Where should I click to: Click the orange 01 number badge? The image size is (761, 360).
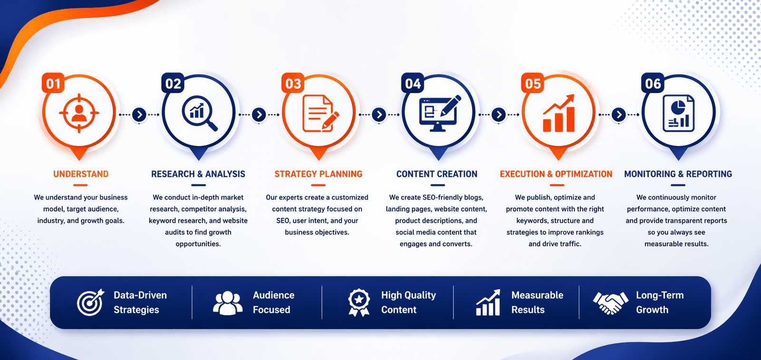click(x=53, y=84)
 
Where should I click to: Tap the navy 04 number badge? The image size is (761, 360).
click(x=412, y=84)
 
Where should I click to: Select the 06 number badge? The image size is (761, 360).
click(x=653, y=84)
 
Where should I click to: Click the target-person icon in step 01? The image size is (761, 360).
click(x=79, y=113)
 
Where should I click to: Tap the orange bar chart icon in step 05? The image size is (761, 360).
click(x=559, y=114)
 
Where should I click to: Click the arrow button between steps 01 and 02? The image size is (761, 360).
click(x=139, y=115)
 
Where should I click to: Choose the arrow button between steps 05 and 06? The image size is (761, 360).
click(x=618, y=115)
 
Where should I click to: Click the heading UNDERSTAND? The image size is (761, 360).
click(x=81, y=174)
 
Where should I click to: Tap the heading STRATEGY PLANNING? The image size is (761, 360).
click(x=318, y=174)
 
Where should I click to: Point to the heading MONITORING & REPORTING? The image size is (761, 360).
click(x=678, y=174)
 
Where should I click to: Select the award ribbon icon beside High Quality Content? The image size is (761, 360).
click(x=359, y=302)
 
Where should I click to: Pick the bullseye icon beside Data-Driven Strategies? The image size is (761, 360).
click(x=90, y=302)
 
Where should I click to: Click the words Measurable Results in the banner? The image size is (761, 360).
click(x=537, y=302)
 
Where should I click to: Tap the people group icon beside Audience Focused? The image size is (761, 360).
click(x=227, y=303)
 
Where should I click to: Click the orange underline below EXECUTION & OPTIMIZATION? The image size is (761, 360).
click(x=556, y=185)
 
